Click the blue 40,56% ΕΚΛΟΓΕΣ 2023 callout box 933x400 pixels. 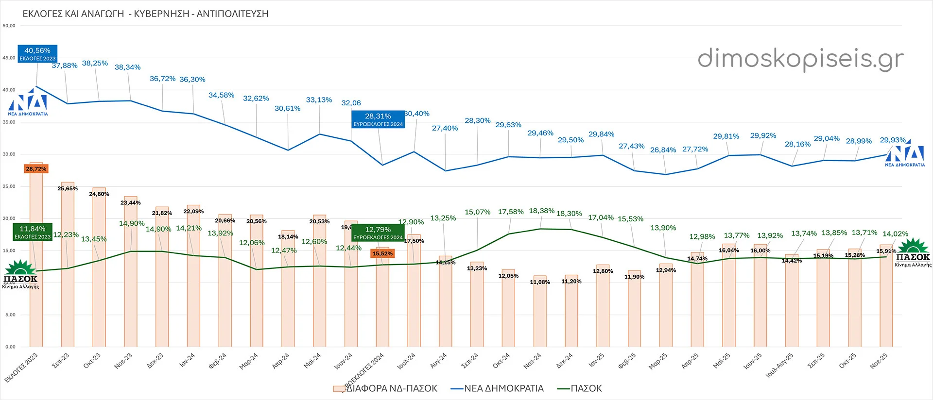coord(37,54)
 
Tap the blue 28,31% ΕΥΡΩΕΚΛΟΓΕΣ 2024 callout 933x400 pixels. coord(378,119)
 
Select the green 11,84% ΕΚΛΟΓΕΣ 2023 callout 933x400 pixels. coord(33,232)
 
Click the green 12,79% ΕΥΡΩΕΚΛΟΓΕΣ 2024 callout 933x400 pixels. coord(378,233)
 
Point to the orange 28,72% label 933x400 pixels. coord(36,169)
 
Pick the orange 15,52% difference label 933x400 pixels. coord(382,253)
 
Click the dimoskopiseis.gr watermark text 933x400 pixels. coord(800,59)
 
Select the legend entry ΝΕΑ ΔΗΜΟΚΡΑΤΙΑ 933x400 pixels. coord(503,388)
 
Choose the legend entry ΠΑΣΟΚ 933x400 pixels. coord(586,388)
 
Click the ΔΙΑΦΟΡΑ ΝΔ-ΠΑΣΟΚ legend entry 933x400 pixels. coord(391,388)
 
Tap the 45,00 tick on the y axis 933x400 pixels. coord(9,58)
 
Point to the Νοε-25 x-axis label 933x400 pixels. coord(879,361)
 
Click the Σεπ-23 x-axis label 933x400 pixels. coord(60,361)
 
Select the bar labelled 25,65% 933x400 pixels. coord(68,267)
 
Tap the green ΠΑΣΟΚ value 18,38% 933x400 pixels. coord(541,211)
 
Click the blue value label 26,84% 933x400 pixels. coord(663,150)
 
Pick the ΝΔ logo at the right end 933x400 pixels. coord(905,155)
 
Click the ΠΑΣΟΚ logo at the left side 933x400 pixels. coord(20,275)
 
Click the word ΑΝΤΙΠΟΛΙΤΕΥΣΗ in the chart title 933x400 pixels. coord(233,14)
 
